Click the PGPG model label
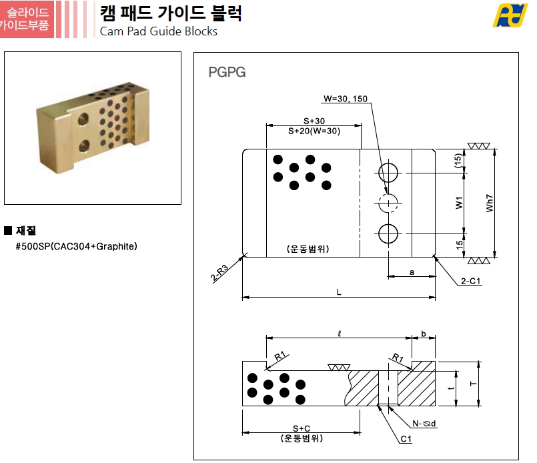pyautogui.click(x=227, y=72)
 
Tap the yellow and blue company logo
pyautogui.click(x=510, y=15)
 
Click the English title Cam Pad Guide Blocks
pyautogui.click(x=159, y=31)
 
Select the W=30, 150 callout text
pyautogui.click(x=346, y=99)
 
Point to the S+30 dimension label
pyautogui.click(x=314, y=121)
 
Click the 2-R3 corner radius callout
pyautogui.click(x=219, y=273)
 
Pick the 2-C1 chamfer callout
pyautogui.click(x=470, y=281)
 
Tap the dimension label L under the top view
pyautogui.click(x=339, y=292)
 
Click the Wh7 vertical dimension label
pyautogui.click(x=490, y=203)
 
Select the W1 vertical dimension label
pyautogui.click(x=459, y=203)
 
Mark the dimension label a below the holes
pyautogui.click(x=412, y=272)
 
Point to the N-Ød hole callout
pyautogui.click(x=424, y=424)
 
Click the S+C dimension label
pyautogui.click(x=302, y=428)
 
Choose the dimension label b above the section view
pyautogui.click(x=424, y=334)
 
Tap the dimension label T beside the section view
pyautogui.click(x=474, y=384)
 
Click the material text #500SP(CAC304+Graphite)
pyautogui.click(x=76, y=246)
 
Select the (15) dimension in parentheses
pyautogui.click(x=458, y=161)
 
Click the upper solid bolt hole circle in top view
pyautogui.click(x=388, y=173)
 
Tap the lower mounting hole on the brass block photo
pyautogui.click(x=84, y=146)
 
